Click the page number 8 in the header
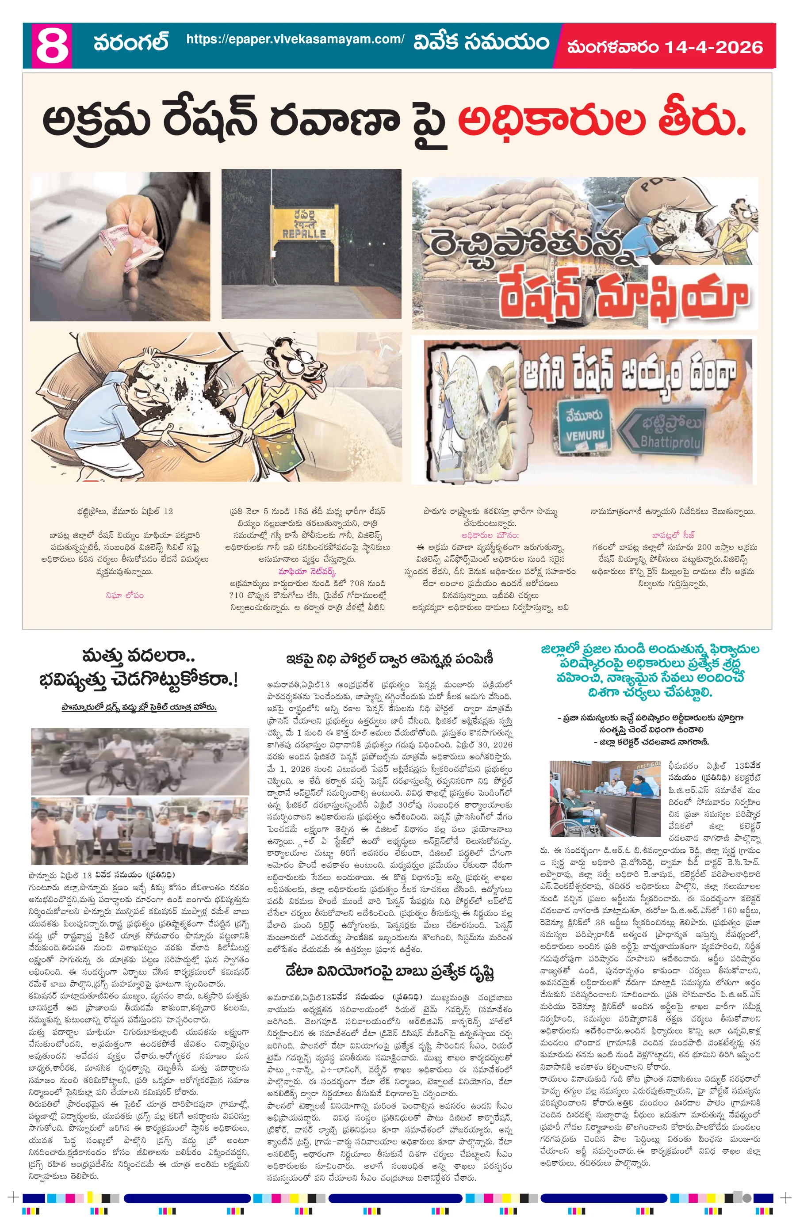[52, 46]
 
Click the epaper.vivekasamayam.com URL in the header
[295, 39]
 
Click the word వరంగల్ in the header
[131, 42]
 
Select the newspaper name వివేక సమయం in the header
[481, 42]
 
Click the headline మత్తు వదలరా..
[138, 656]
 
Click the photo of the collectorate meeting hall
[605, 798]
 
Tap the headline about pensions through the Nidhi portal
[390, 659]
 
